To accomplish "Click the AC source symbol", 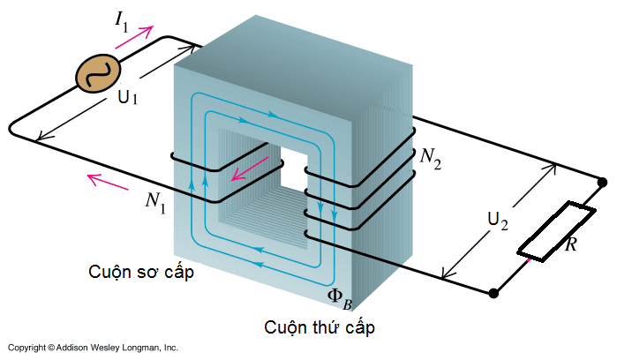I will click(94, 72).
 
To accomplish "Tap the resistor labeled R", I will click(550, 232).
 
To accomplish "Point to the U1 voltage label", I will click(128, 98).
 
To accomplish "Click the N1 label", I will click(155, 200).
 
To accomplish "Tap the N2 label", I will click(430, 158).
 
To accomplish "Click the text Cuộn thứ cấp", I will click(320, 327).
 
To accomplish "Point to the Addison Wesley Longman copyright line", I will click(93, 348).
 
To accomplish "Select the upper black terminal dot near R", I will click(604, 183).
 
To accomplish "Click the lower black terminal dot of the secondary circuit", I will click(494, 292).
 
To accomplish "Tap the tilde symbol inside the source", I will click(94, 72).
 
